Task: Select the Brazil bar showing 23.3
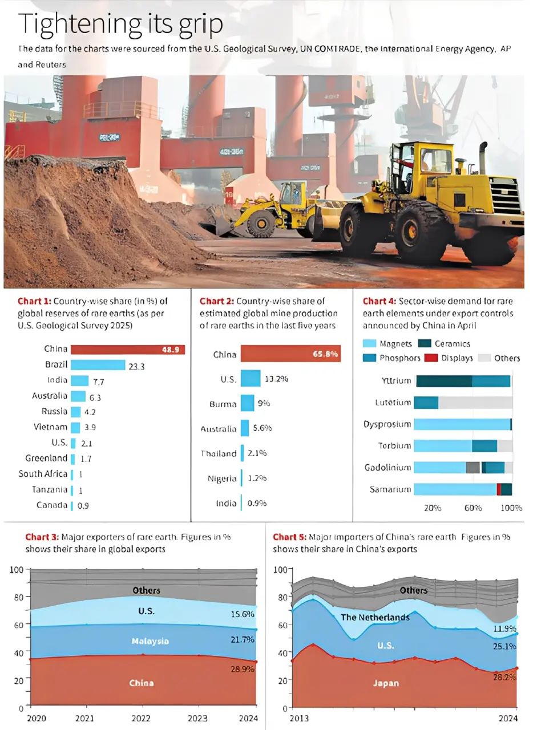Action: pyautogui.click(x=98, y=365)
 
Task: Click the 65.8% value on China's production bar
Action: pyautogui.click(x=325, y=354)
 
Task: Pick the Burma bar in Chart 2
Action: pyautogui.click(x=247, y=403)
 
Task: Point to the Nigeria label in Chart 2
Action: pyautogui.click(x=222, y=478)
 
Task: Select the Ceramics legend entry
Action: pyautogui.click(x=453, y=343)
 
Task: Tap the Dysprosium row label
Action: pyautogui.click(x=387, y=424)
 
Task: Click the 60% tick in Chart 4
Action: pyautogui.click(x=473, y=508)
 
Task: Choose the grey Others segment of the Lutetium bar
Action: pyautogui.click(x=475, y=403)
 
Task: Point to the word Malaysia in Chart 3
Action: pyautogui.click(x=150, y=641)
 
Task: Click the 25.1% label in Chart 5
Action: pyautogui.click(x=504, y=646)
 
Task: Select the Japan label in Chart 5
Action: pyautogui.click(x=386, y=683)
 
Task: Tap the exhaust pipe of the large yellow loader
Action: pyautogui.click(x=483, y=157)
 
